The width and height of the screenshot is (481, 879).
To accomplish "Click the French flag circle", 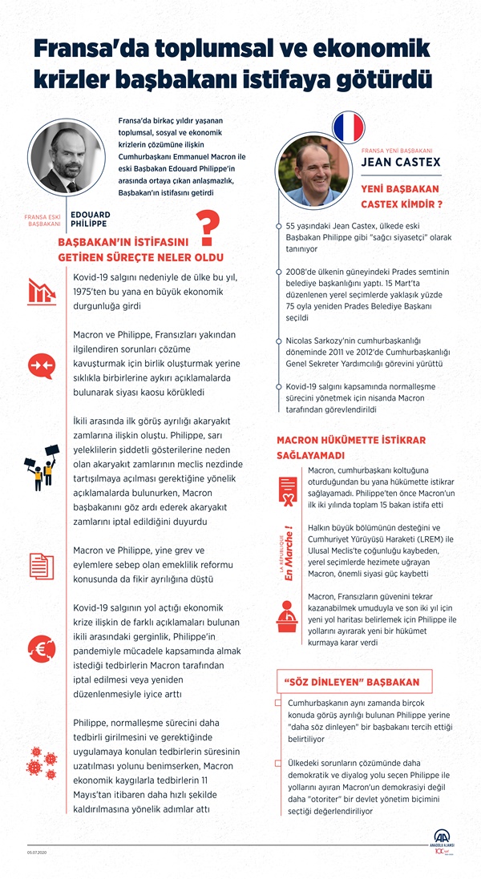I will (x=347, y=127).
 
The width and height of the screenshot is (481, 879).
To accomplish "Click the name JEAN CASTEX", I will (x=401, y=163).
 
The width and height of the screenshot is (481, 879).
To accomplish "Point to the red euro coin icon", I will (x=40, y=647).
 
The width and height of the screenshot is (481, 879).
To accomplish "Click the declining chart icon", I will (x=40, y=292).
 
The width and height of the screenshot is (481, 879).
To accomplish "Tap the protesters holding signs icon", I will (x=41, y=467).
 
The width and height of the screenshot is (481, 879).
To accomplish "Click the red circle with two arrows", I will (x=40, y=365).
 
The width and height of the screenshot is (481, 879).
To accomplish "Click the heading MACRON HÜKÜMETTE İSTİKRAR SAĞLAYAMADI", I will (x=350, y=447).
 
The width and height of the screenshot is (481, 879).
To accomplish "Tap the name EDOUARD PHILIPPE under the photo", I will (x=90, y=220).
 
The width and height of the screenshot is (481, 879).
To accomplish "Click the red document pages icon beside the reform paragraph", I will (x=41, y=567).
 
